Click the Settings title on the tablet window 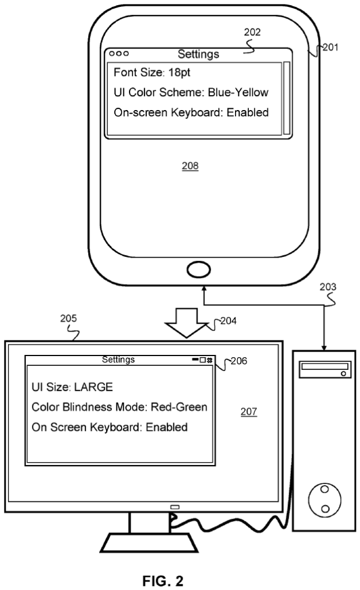click(x=198, y=55)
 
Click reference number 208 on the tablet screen click(x=190, y=167)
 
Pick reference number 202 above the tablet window click(x=252, y=33)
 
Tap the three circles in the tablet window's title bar click(x=119, y=54)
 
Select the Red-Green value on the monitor click(x=179, y=407)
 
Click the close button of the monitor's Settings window click(x=210, y=360)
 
